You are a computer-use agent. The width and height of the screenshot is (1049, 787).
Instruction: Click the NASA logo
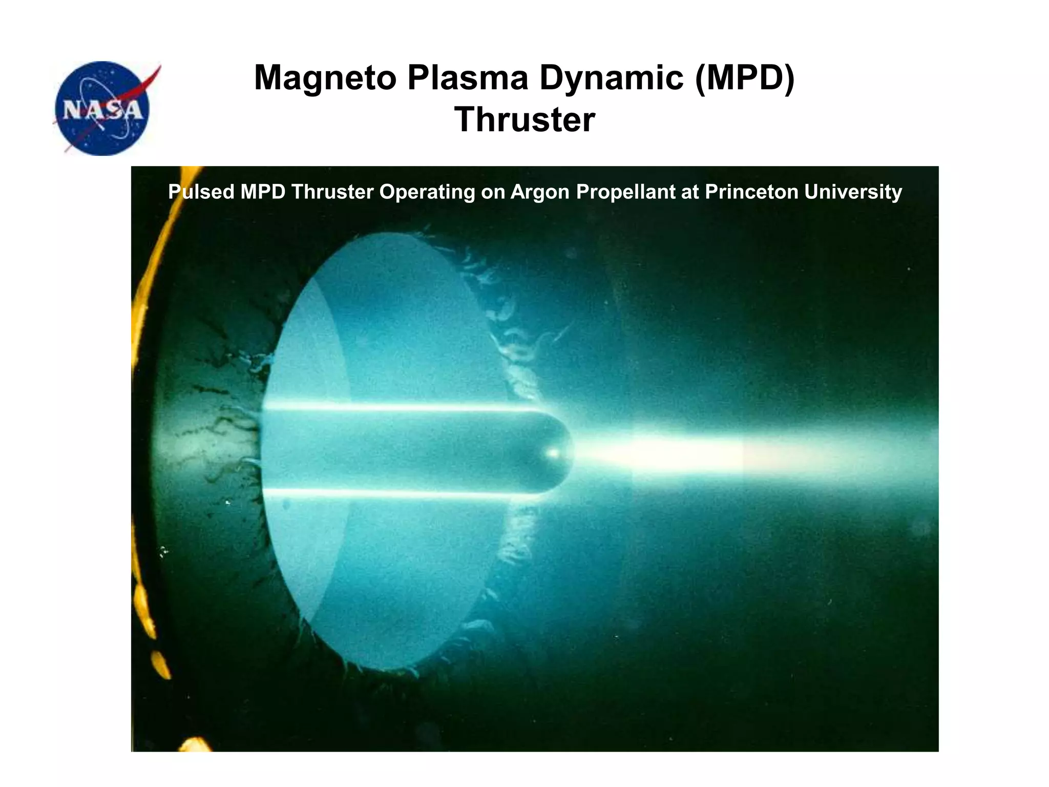pyautogui.click(x=102, y=109)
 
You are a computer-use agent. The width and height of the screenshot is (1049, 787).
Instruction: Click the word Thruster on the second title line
pyautogui.click(x=524, y=120)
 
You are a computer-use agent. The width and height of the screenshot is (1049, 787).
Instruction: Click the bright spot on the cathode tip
pyautogui.click(x=553, y=453)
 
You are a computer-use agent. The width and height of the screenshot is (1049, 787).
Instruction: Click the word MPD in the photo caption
pyautogui.click(x=263, y=192)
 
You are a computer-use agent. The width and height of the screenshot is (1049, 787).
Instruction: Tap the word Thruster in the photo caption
pyautogui.click(x=332, y=192)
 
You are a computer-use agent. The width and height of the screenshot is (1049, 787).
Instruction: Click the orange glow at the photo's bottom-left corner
pyautogui.click(x=195, y=744)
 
